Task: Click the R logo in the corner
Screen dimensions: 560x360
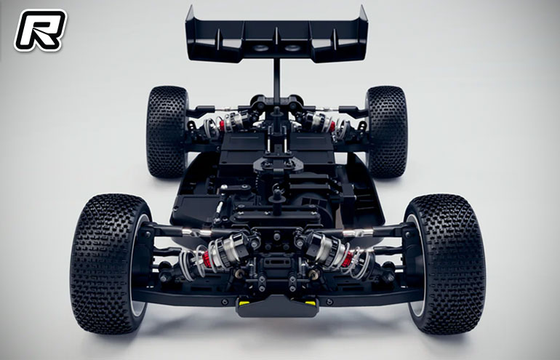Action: coord(40,30)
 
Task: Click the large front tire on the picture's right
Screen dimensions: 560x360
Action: coord(444,263)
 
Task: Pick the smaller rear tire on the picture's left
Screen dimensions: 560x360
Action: coord(167,132)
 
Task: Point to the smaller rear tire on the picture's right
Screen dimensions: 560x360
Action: coord(387,132)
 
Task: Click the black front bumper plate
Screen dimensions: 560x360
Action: coord(277,307)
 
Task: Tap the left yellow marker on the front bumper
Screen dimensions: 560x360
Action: coord(244,303)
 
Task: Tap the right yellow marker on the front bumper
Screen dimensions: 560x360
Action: coord(310,303)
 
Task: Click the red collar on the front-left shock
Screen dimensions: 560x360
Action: coord(207,259)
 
